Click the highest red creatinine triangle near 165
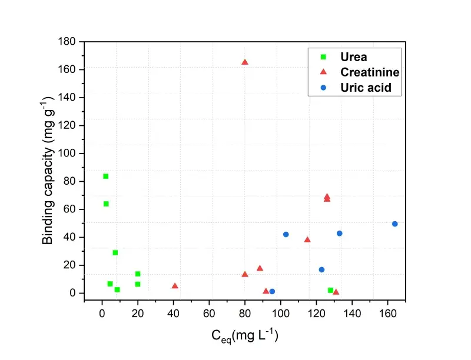pyautogui.click(x=245, y=62)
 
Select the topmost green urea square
pyautogui.click(x=106, y=176)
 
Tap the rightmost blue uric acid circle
pyautogui.click(x=394, y=224)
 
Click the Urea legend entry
pyautogui.click(x=353, y=57)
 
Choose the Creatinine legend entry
pyautogui.click(x=369, y=72)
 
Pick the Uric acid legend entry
pyautogui.click(x=366, y=88)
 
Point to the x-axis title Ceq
pyautogui.click(x=244, y=336)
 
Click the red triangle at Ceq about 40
pyautogui.click(x=175, y=286)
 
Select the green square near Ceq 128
pyautogui.click(x=331, y=290)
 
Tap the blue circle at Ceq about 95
pyautogui.click(x=272, y=291)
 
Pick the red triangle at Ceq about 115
pyautogui.click(x=307, y=239)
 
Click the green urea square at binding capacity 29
pyautogui.click(x=115, y=252)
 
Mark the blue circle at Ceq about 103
pyautogui.click(x=286, y=234)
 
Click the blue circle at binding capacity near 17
pyautogui.click(x=321, y=269)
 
